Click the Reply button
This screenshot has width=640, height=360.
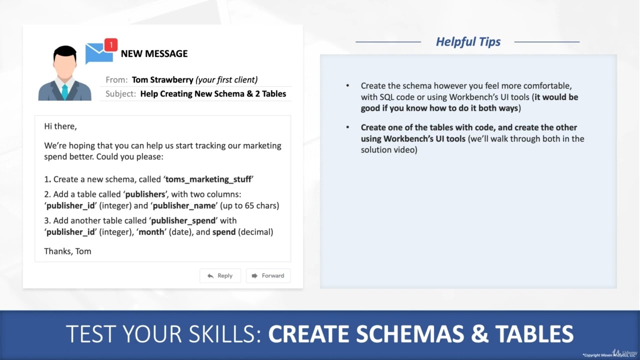point(220,275)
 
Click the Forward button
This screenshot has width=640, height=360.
point(268,275)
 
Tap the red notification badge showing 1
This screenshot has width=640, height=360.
point(110,44)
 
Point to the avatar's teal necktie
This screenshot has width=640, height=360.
point(64,91)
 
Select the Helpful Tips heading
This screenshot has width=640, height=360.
point(468,41)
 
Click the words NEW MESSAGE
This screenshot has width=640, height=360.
point(154,53)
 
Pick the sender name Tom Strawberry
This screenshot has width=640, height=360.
point(162,79)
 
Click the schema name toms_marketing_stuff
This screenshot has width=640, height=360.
point(208,179)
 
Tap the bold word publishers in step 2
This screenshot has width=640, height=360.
point(144,194)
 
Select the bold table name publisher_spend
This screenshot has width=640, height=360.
point(183,220)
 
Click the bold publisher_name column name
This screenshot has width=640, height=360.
point(184,205)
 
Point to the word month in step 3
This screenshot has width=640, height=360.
point(151,232)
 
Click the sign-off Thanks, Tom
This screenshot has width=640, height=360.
point(67,251)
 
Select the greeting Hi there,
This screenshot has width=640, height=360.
point(60,126)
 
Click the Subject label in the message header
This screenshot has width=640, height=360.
point(120,93)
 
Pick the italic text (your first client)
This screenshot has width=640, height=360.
point(226,79)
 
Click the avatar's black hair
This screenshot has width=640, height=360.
point(64,51)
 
